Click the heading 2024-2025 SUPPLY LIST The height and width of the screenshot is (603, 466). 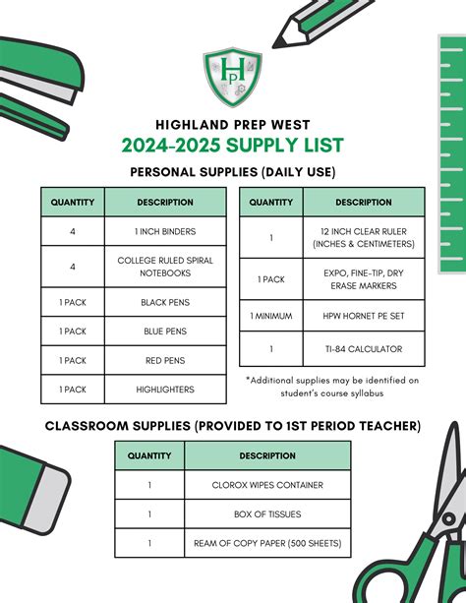[x=233, y=147]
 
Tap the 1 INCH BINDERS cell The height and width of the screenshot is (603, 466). [x=165, y=231]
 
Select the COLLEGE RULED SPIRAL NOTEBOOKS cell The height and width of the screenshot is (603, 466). [x=165, y=267]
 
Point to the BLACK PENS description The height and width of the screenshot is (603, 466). [x=165, y=302]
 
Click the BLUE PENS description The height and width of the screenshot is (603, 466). [x=165, y=332]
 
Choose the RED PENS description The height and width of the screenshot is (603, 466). [x=165, y=361]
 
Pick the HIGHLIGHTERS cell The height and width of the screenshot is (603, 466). [x=165, y=390]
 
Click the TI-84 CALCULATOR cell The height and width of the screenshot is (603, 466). [x=364, y=349]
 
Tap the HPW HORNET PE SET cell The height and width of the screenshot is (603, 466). [x=364, y=315]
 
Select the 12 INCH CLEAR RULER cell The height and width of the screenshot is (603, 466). [x=364, y=237]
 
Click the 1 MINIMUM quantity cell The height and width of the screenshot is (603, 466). [x=271, y=315]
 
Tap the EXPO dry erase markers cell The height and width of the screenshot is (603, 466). [x=364, y=279]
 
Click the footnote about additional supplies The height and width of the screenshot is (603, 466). [x=332, y=386]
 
